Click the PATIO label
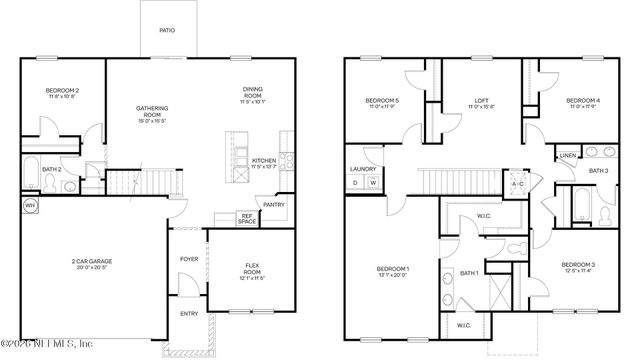click(167, 31)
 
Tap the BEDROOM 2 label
click(62, 92)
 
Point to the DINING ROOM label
click(252, 92)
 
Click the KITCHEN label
click(264, 161)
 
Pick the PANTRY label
click(274, 205)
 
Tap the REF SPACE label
click(246, 217)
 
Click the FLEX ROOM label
click(253, 265)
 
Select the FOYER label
click(189, 257)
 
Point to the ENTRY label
click(189, 313)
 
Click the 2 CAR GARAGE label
click(91, 262)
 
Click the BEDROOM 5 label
click(382, 100)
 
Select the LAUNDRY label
click(362, 169)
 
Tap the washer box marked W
click(373, 183)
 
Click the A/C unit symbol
click(518, 184)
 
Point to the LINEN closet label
click(567, 156)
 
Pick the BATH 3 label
click(598, 171)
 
